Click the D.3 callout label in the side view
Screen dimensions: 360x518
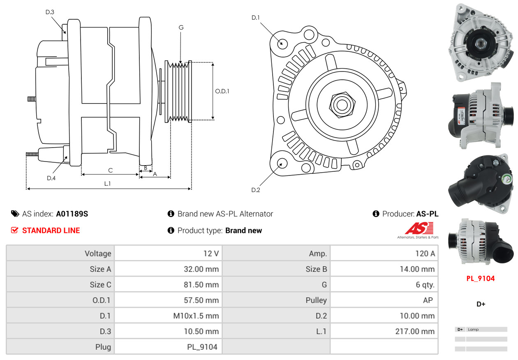coord(50,12)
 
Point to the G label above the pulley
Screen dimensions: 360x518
coord(181,28)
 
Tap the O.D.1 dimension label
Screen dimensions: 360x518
coord(222,91)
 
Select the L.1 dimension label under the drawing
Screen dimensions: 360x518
coord(107,184)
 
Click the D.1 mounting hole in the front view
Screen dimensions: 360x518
coord(282,43)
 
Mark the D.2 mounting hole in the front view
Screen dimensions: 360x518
coord(282,163)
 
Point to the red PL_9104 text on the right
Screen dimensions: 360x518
coord(480,279)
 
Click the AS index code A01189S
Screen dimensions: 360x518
coord(72,214)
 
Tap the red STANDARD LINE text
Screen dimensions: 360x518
coord(51,231)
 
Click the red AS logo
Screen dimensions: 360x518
coord(419,228)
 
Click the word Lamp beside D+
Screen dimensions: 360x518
coord(473,330)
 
